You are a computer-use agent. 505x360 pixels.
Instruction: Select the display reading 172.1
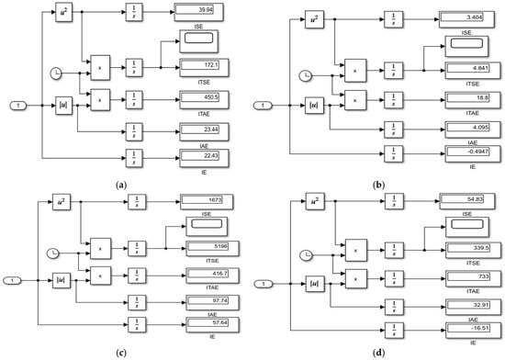205,65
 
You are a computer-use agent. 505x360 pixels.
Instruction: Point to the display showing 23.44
205,131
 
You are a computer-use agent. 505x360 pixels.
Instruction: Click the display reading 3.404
468,17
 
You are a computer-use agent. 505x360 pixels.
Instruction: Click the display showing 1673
210,199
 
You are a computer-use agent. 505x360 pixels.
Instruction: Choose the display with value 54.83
468,198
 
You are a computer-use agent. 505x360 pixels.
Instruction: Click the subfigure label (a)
121,185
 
